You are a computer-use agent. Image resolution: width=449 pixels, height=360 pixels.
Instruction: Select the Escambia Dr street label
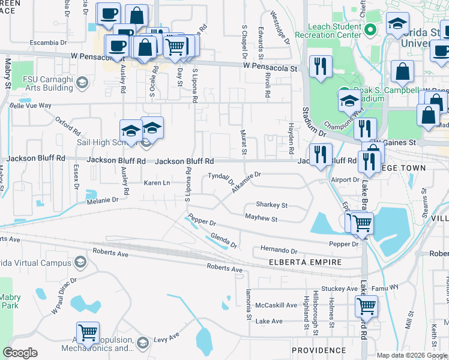(x=49, y=43)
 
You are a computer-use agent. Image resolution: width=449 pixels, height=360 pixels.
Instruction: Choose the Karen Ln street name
(x=157, y=182)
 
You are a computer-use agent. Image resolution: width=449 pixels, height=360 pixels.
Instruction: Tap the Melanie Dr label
(x=104, y=200)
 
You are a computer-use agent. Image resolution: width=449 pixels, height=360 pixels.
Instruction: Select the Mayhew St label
(x=261, y=219)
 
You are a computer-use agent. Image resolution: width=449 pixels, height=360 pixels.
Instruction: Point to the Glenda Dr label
(x=225, y=241)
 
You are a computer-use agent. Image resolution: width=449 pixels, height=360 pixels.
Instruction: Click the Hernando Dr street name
(x=279, y=250)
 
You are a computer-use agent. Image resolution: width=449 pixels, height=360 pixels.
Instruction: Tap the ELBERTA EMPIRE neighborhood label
(x=305, y=262)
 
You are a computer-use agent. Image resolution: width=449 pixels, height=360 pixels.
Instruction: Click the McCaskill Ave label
(x=277, y=305)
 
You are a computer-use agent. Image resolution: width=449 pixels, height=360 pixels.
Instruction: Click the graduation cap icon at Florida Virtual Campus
(x=80, y=262)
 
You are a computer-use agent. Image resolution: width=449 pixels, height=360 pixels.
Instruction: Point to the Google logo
(x=20, y=353)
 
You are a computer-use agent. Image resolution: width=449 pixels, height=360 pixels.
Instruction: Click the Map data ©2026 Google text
(x=411, y=355)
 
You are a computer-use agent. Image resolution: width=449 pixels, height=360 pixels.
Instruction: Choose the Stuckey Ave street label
(x=339, y=289)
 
